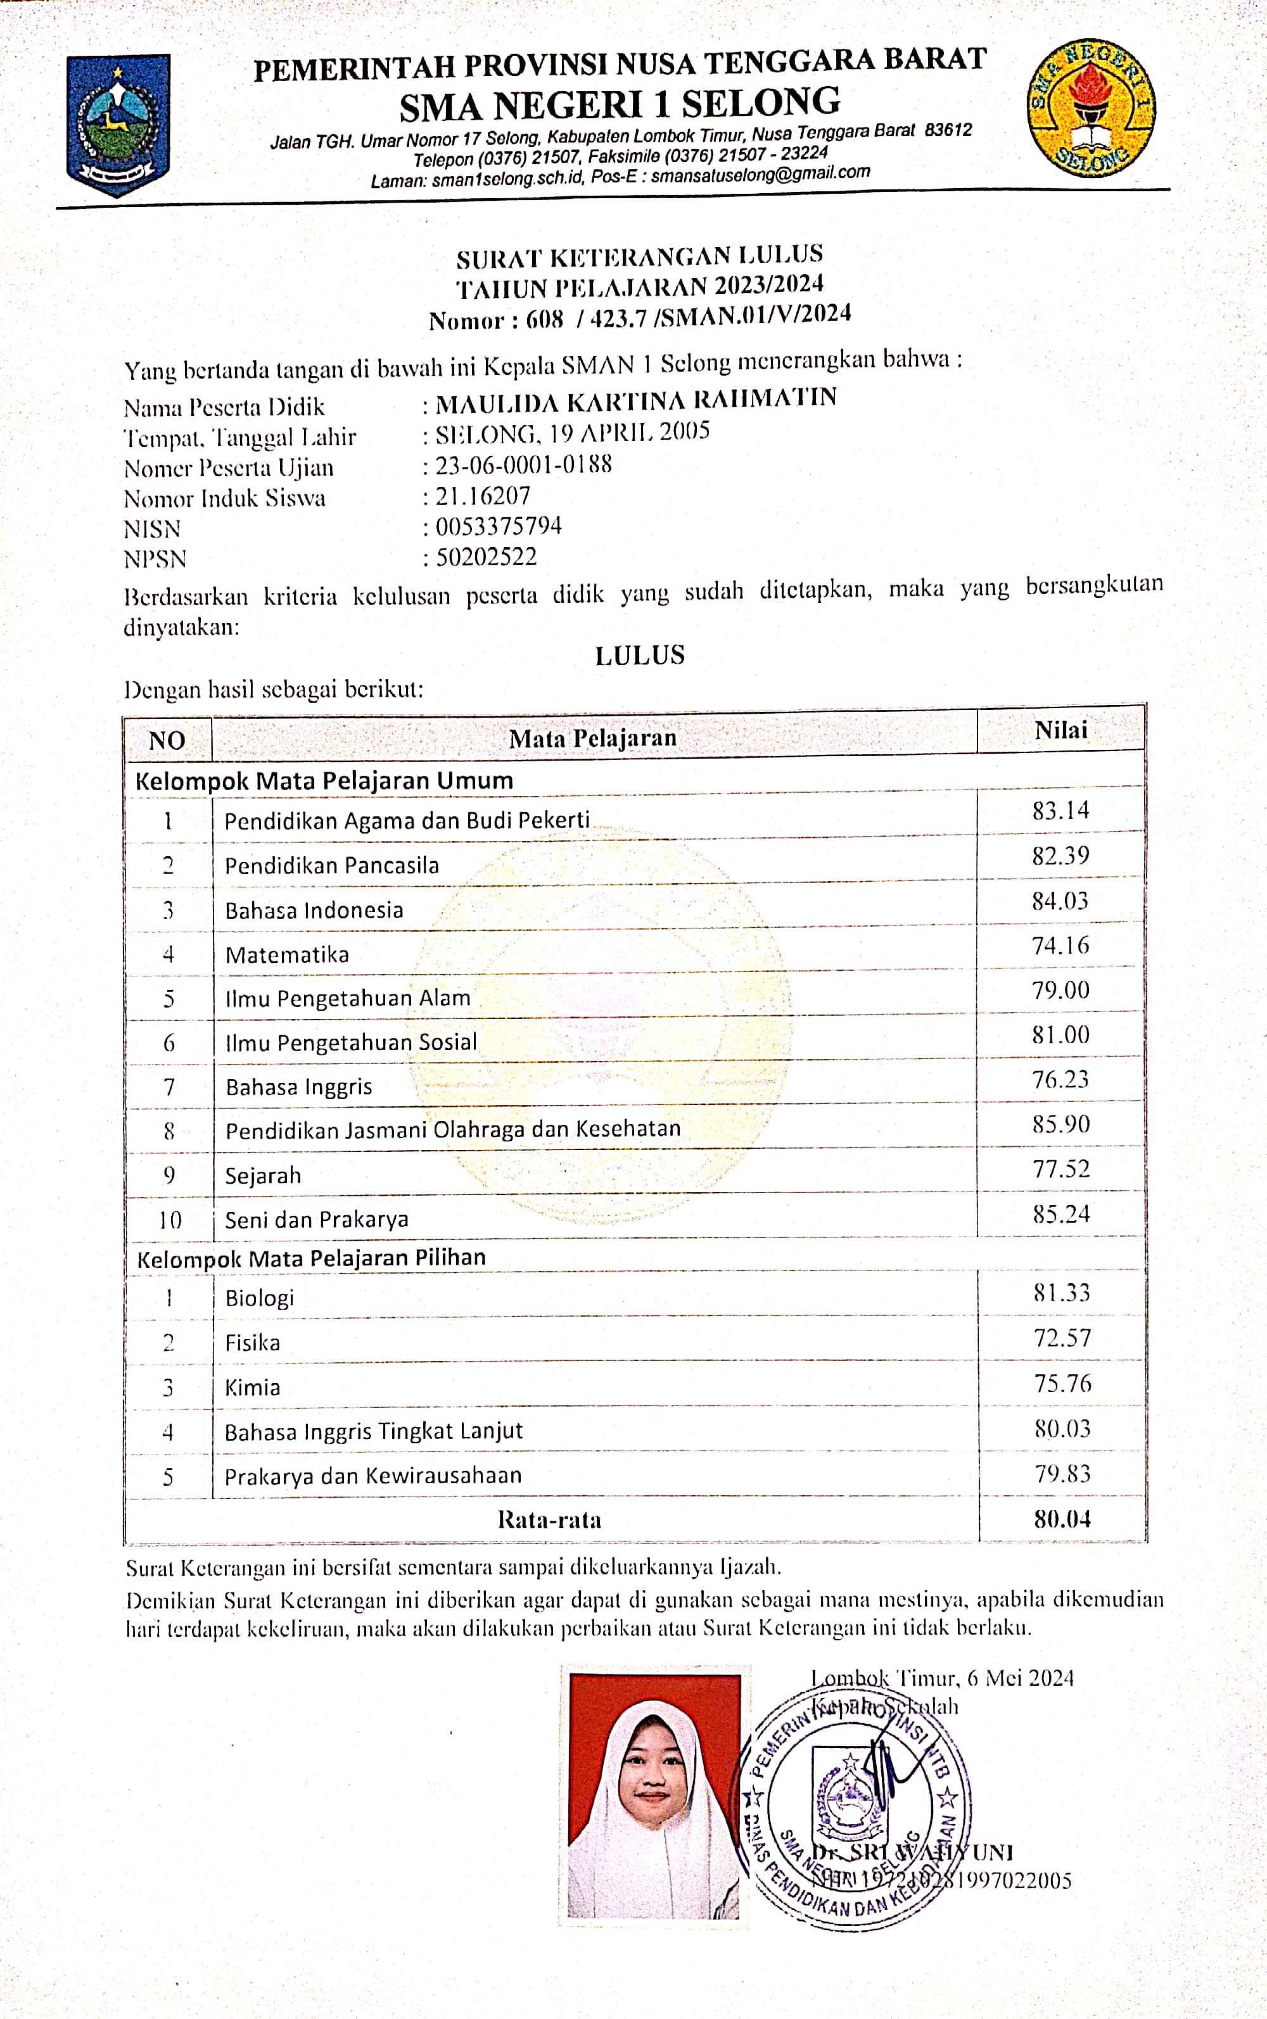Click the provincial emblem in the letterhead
pyautogui.click(x=118, y=124)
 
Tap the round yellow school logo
pyautogui.click(x=1091, y=107)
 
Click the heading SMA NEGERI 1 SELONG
pyautogui.click(x=620, y=104)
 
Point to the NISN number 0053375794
pyautogui.click(x=499, y=526)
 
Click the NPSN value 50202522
pyautogui.click(x=486, y=557)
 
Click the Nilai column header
pyautogui.click(x=1061, y=730)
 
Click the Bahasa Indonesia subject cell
pyautogui.click(x=314, y=910)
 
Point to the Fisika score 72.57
pyautogui.click(x=1062, y=1338)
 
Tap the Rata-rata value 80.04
pyautogui.click(x=1062, y=1519)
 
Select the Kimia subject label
pyautogui.click(x=252, y=1388)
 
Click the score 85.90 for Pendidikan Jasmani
pyautogui.click(x=1061, y=1124)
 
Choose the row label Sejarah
pyautogui.click(x=263, y=1175)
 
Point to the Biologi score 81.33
pyautogui.click(x=1062, y=1293)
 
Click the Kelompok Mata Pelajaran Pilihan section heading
pyautogui.click(x=311, y=1258)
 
